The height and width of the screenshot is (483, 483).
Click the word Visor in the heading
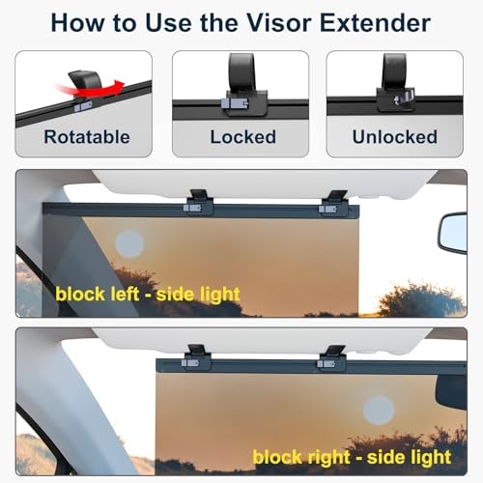(285, 22)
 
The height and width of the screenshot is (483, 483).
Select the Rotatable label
(86, 136)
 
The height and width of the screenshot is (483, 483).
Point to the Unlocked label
(394, 136)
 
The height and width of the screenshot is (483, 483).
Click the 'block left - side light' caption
(148, 292)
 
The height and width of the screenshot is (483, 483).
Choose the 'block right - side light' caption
(352, 455)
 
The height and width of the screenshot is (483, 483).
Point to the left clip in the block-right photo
(196, 356)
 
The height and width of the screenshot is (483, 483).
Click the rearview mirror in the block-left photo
(452, 233)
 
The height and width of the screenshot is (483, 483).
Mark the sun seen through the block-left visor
(128, 243)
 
